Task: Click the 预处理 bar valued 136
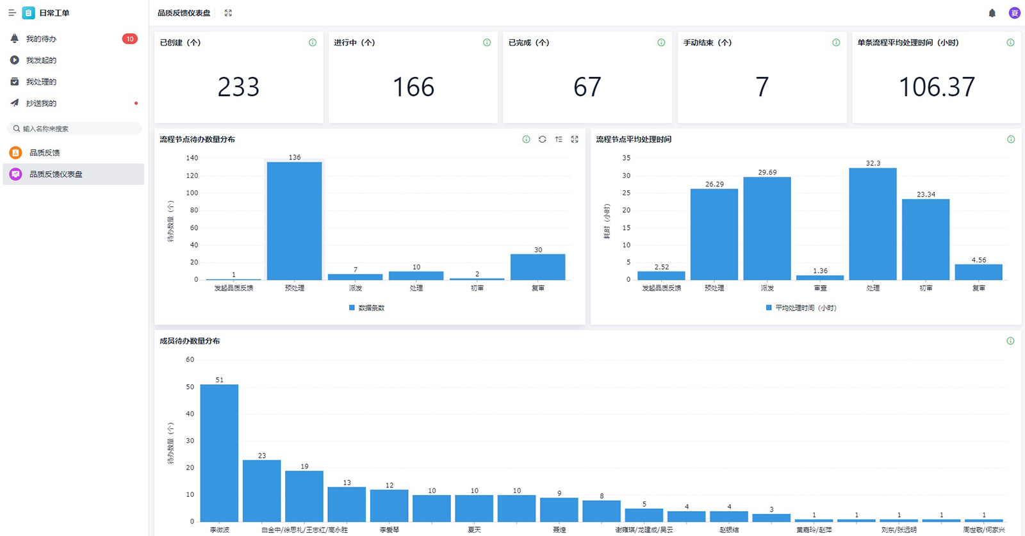pyautogui.click(x=294, y=221)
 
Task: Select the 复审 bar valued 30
pyautogui.click(x=537, y=267)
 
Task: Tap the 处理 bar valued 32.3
pyautogui.click(x=873, y=223)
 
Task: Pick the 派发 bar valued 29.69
pyautogui.click(x=767, y=228)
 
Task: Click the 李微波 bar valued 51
pyautogui.click(x=219, y=453)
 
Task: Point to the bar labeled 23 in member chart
pyautogui.click(x=261, y=491)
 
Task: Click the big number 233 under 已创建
pyautogui.click(x=238, y=87)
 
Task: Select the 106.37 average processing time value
pyautogui.click(x=937, y=87)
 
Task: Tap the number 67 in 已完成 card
pyautogui.click(x=587, y=87)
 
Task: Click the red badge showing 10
pyautogui.click(x=129, y=39)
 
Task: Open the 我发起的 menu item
pyautogui.click(x=41, y=60)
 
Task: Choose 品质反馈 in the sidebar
pyautogui.click(x=44, y=153)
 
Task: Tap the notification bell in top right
pyautogui.click(x=992, y=13)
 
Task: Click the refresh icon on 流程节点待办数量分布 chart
pyautogui.click(x=542, y=140)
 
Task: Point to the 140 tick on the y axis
pyautogui.click(x=192, y=158)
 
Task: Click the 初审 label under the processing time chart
pyautogui.click(x=926, y=288)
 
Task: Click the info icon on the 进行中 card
pyautogui.click(x=487, y=43)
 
